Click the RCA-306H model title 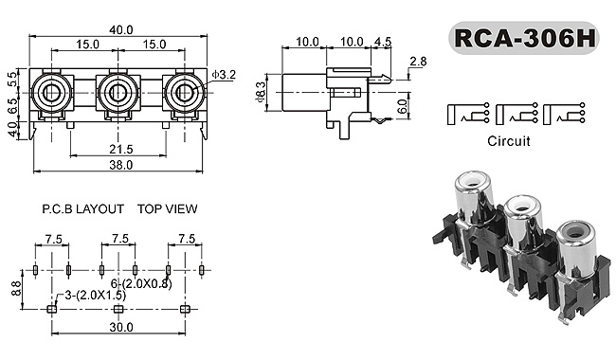[x=524, y=38]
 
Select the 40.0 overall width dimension [x=121, y=29]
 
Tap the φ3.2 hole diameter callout [x=223, y=75]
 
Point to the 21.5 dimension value [x=121, y=149]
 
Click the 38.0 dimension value [x=121, y=165]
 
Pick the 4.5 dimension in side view [x=383, y=42]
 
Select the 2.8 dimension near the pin [x=418, y=62]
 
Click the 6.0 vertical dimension [x=402, y=106]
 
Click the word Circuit [x=509, y=141]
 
